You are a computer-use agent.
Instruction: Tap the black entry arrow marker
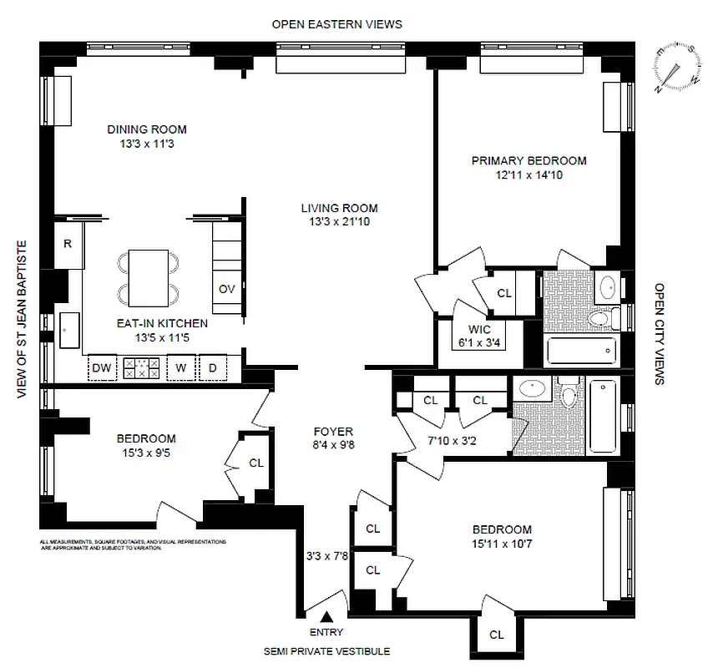pos(326,617)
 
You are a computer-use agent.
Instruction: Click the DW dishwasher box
pos(101,367)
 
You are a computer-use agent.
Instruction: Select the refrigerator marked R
pos(68,243)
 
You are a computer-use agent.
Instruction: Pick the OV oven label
pos(226,289)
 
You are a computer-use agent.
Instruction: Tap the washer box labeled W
pos(180,367)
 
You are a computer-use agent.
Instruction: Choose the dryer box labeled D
pos(213,367)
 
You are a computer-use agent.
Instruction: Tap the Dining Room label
pos(147,129)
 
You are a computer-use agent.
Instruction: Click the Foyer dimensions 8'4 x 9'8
pos(333,446)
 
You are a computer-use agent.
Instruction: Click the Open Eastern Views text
pos(336,24)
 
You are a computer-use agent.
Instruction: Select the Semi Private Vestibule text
pos(326,651)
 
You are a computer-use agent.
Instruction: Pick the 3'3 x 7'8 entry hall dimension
pos(326,553)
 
